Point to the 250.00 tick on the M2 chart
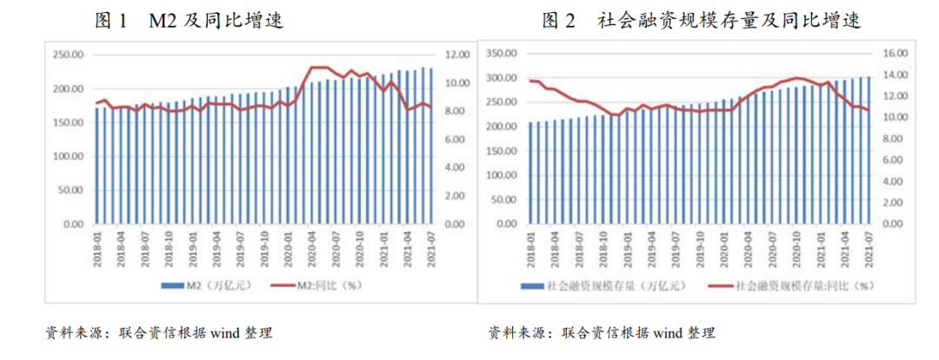[x=66, y=55]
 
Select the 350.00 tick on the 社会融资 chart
[x=503, y=54]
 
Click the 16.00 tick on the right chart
[x=896, y=54]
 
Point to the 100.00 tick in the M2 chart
[x=66, y=157]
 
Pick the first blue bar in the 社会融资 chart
[x=530, y=173]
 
